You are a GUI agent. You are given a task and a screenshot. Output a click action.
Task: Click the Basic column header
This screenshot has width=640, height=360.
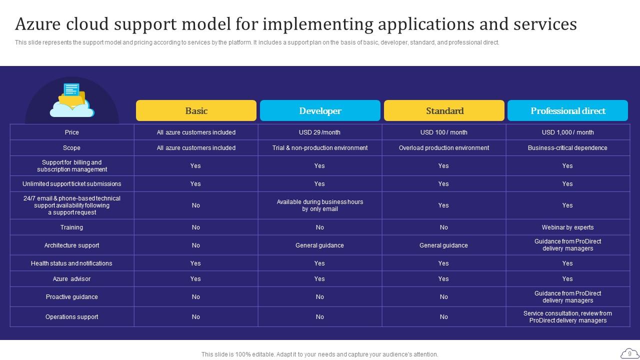196,110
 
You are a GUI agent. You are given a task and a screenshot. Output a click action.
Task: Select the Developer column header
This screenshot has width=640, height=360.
320,110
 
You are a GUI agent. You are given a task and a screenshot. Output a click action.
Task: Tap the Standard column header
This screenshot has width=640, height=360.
444,110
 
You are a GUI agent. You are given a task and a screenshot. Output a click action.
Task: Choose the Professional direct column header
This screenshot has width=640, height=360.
567,110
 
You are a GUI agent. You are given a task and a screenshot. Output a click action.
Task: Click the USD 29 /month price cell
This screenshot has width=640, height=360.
320,132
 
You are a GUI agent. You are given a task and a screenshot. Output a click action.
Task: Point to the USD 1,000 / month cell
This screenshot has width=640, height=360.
567,132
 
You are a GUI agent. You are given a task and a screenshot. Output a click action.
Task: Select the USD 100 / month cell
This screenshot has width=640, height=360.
444,132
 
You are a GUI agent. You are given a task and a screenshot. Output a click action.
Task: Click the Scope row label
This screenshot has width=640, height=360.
71,148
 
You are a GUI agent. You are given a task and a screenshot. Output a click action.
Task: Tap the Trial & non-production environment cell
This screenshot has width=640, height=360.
320,148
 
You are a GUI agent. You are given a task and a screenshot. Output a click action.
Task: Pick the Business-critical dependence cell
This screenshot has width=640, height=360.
567,148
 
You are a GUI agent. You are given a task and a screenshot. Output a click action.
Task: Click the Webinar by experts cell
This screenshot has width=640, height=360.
567,227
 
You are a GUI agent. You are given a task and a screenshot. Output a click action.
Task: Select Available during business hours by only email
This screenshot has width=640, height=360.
320,205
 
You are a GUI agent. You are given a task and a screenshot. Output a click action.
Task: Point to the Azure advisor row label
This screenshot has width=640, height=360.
71,279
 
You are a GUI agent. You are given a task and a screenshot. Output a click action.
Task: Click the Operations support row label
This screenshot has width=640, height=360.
71,317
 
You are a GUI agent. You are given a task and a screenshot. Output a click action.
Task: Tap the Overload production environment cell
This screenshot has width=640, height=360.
444,148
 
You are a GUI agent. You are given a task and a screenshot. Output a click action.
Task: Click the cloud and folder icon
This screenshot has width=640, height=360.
72,100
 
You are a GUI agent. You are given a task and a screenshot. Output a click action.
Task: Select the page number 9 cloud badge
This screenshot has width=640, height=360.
629,353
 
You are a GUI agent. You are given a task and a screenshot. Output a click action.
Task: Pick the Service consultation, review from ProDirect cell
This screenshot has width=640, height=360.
567,317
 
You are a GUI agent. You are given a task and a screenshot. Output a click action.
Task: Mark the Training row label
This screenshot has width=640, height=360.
71,227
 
